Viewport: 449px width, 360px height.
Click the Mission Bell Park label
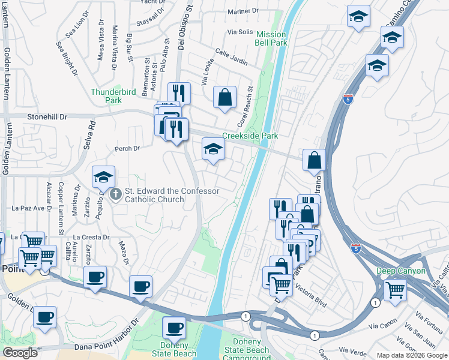click(271, 39)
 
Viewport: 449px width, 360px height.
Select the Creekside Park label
click(250, 136)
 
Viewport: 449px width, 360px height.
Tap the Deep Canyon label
click(401, 271)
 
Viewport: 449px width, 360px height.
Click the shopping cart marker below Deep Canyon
click(395, 290)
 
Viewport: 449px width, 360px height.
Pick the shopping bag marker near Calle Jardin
click(224, 97)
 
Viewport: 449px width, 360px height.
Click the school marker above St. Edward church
click(103, 176)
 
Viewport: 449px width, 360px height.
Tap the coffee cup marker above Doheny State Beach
click(174, 328)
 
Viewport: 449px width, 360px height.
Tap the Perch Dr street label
click(127, 148)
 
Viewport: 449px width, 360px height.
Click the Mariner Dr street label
click(243, 11)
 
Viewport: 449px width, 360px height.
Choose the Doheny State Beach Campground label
click(255, 350)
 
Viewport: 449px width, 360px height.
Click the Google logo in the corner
click(20, 353)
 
